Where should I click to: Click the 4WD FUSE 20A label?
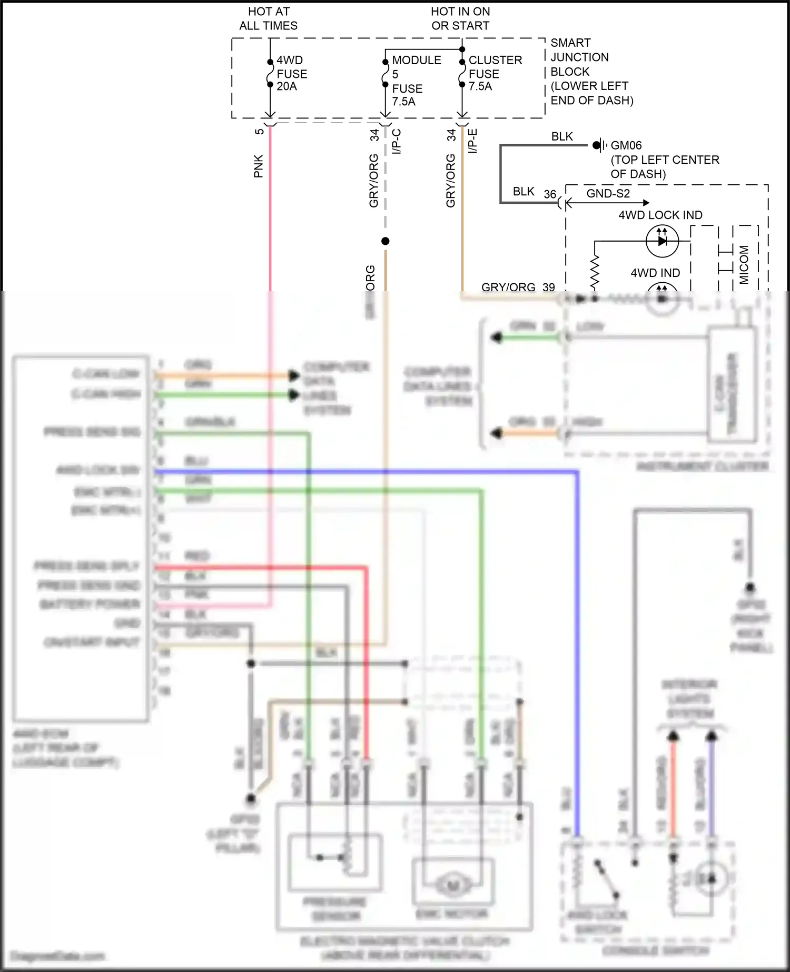(291, 73)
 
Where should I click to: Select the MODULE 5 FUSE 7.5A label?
(416, 81)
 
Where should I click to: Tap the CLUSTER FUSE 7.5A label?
(495, 73)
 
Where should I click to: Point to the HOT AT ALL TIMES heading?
(269, 18)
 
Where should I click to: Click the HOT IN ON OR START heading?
(460, 18)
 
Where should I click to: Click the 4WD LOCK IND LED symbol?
(662, 241)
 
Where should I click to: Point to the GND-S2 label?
(608, 193)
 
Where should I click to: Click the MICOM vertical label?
(744, 265)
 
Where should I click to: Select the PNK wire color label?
(258, 166)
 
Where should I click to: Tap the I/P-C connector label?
(397, 141)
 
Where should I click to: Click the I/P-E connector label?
(473, 141)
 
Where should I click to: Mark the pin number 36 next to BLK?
(550, 194)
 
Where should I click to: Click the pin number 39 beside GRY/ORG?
(549, 287)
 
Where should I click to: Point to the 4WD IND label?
(655, 273)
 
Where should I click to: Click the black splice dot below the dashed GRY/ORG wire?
(386, 241)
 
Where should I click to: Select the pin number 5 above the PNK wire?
(259, 131)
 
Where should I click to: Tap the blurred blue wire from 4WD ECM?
(369, 472)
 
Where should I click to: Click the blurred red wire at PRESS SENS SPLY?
(263, 568)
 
